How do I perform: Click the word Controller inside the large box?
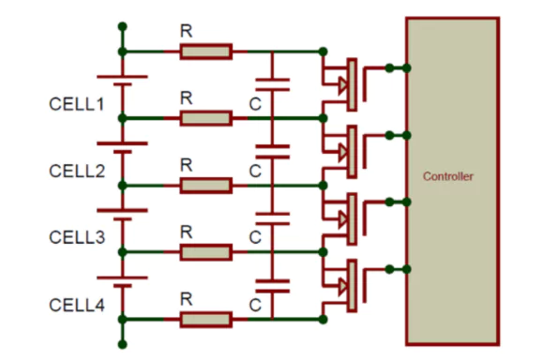click(448, 176)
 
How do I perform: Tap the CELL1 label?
click(77, 103)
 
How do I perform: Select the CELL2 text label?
click(77, 171)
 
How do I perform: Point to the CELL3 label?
click(77, 238)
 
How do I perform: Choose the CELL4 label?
click(77, 306)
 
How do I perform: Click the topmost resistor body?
click(205, 51)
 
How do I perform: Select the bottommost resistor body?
click(205, 320)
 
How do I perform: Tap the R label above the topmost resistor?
click(186, 31)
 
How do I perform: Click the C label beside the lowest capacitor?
click(254, 302)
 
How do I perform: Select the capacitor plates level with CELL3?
click(271, 219)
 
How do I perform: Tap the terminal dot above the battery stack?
click(122, 27)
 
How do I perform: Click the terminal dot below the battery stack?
click(122, 343)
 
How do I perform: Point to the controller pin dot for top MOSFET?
click(406, 67)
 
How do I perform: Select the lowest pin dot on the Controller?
click(406, 270)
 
